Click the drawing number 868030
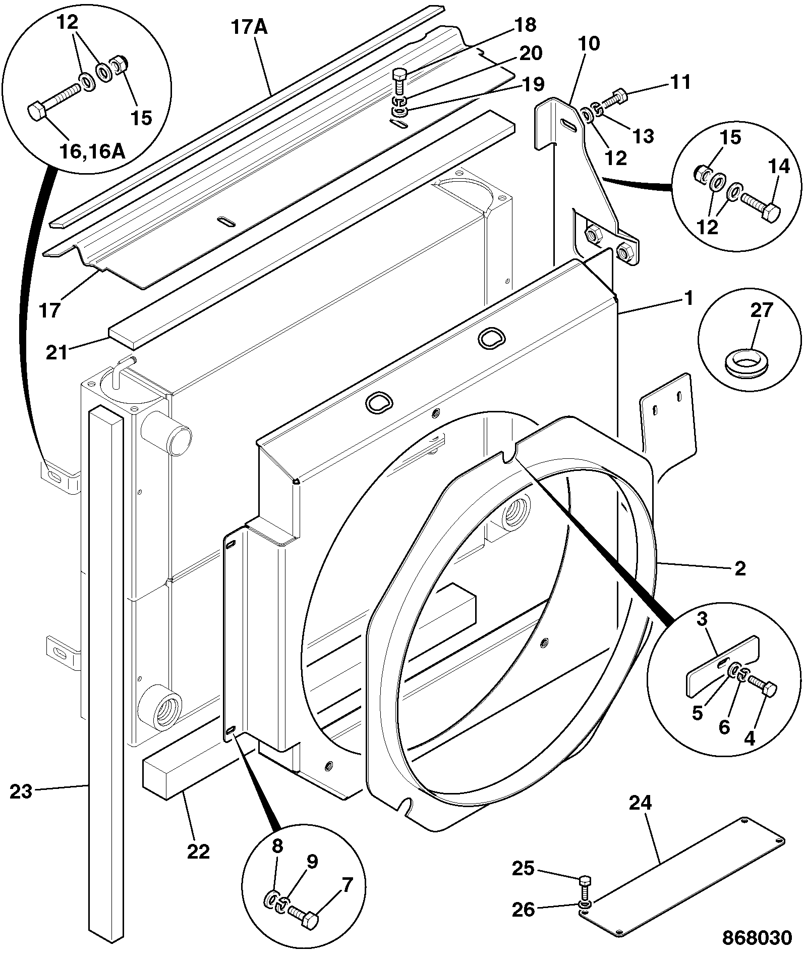[757, 937]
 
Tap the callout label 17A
[249, 27]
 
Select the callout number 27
[761, 309]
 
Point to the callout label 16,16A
[92, 151]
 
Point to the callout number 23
[21, 791]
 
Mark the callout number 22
[198, 852]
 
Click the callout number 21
[56, 353]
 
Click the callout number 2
[740, 569]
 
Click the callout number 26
[524, 910]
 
